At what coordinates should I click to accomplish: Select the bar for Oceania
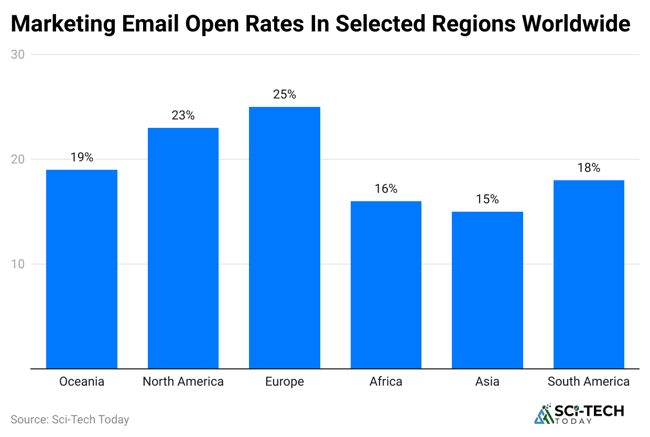pyautogui.click(x=82, y=269)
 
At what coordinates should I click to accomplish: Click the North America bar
pyautogui.click(x=183, y=248)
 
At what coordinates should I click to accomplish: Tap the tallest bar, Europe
pyautogui.click(x=285, y=237)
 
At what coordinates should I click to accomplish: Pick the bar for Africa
pyautogui.click(x=386, y=285)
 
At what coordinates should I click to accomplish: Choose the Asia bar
pyautogui.click(x=487, y=290)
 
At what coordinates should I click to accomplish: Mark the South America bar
pyautogui.click(x=589, y=274)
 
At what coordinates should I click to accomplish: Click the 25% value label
pyautogui.click(x=285, y=95)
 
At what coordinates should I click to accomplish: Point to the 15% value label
pyautogui.click(x=487, y=200)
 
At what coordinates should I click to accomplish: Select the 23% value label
pyautogui.click(x=183, y=116)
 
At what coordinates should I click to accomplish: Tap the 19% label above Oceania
pyautogui.click(x=82, y=158)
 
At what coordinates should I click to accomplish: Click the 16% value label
pyautogui.click(x=386, y=189)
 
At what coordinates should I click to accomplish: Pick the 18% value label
pyautogui.click(x=589, y=168)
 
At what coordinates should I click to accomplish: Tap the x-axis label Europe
pyautogui.click(x=285, y=381)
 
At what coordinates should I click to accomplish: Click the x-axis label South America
pyautogui.click(x=589, y=381)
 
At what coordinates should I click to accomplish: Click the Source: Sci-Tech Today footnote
pyautogui.click(x=70, y=420)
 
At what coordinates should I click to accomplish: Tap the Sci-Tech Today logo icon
pyautogui.click(x=543, y=414)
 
